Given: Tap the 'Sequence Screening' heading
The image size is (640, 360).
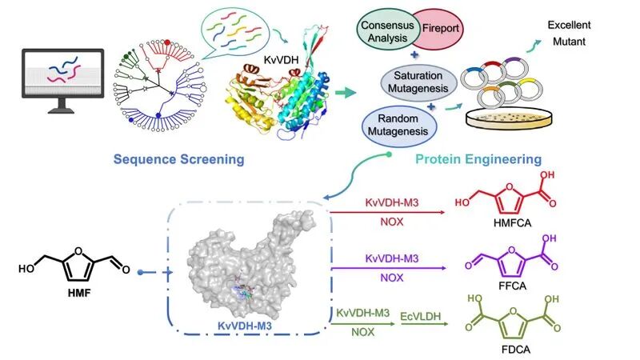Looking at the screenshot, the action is click(x=178, y=159).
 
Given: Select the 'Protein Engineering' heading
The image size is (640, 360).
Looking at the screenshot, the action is click(x=478, y=159).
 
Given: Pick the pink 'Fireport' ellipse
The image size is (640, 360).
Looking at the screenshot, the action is click(x=441, y=29).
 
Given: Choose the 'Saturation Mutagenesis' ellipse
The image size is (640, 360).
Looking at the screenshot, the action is click(x=418, y=82).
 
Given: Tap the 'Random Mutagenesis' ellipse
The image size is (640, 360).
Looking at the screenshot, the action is click(x=398, y=125).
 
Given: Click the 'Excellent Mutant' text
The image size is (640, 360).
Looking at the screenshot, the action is click(x=569, y=33).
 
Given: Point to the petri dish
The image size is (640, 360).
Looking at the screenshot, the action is click(x=510, y=118).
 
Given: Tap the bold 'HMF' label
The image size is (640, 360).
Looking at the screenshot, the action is click(x=79, y=292).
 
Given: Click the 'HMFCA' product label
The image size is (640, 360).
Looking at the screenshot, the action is click(x=512, y=223).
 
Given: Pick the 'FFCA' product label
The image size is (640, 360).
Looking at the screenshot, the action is click(x=512, y=286).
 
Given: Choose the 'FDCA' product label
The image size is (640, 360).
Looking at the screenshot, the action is click(x=516, y=350).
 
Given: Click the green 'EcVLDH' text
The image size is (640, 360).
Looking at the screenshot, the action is click(x=421, y=316).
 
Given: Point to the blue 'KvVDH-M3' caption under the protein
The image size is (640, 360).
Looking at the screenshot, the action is click(x=245, y=326).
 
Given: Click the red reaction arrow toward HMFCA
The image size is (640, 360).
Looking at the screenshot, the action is click(x=387, y=212).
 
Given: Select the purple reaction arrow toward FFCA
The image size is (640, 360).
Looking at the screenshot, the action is click(x=389, y=268).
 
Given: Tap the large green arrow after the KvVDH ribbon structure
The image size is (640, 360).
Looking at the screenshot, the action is click(x=346, y=93).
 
